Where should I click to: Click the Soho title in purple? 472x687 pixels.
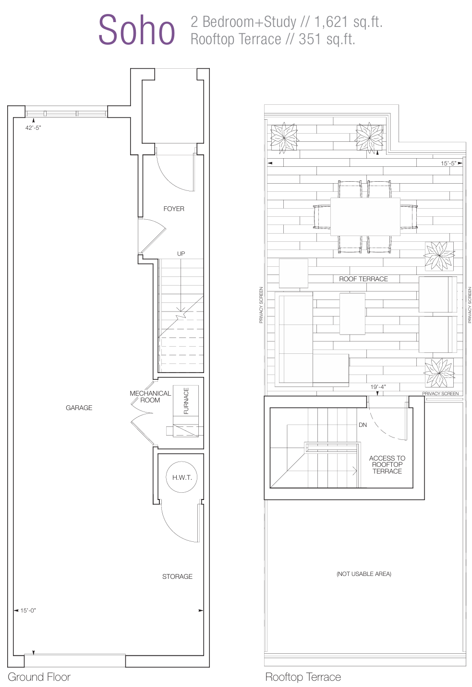[137, 30]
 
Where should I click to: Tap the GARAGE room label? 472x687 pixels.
[79, 408]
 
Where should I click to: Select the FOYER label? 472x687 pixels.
[174, 209]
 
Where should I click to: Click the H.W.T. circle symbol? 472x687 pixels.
[182, 477]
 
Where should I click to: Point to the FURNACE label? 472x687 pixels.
[186, 401]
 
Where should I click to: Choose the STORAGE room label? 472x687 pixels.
[177, 576]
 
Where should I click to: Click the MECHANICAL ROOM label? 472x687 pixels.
[150, 397]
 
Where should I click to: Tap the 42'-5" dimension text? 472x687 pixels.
[33, 128]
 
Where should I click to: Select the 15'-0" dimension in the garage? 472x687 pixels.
[28, 611]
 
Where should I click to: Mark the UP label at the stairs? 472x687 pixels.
[181, 254]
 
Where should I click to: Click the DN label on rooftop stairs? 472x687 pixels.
[363, 425]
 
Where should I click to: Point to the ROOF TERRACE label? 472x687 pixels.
[363, 279]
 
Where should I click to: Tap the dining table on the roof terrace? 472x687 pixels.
[365, 216]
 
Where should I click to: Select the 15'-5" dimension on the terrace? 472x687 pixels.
[448, 163]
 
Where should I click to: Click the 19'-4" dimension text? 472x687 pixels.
[378, 387]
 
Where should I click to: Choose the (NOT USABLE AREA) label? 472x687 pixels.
[364, 574]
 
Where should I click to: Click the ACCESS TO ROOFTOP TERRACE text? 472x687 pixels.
[387, 464]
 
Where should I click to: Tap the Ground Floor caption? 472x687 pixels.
[39, 677]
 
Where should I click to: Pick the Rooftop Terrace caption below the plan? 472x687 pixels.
[303, 677]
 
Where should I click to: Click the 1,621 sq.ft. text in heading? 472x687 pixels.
[349, 22]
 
